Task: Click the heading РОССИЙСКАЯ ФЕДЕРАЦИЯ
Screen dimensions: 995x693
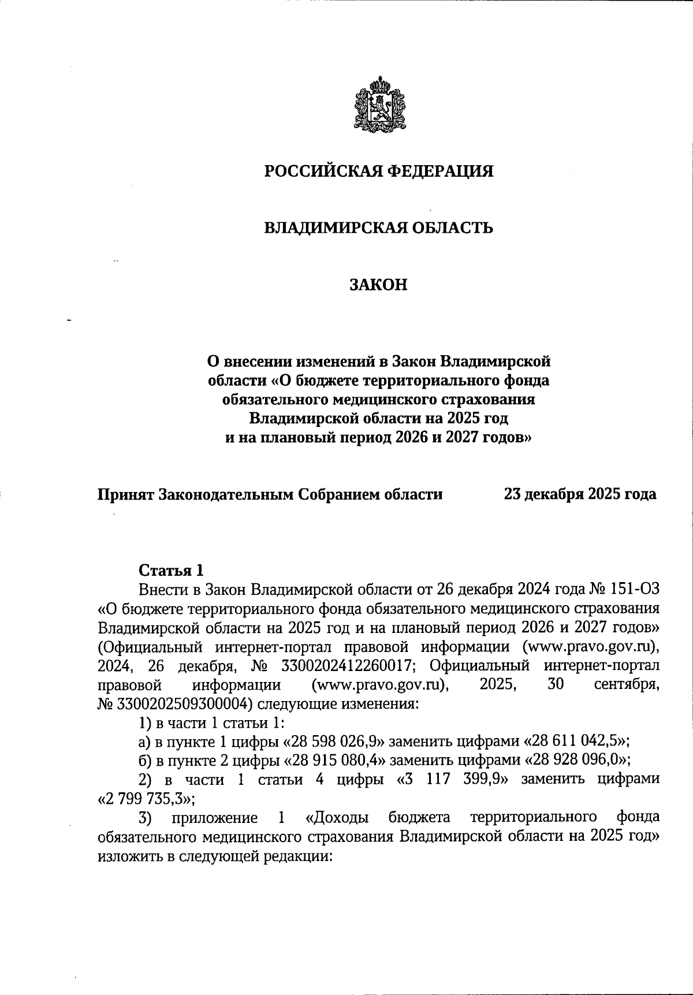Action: (379, 172)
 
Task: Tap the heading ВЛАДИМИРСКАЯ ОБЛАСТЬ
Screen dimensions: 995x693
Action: (379, 228)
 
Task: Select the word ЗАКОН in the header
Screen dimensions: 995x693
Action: (379, 285)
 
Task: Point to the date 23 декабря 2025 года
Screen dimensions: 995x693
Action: (580, 494)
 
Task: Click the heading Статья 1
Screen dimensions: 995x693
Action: (171, 571)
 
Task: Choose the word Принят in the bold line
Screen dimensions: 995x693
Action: (125, 494)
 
